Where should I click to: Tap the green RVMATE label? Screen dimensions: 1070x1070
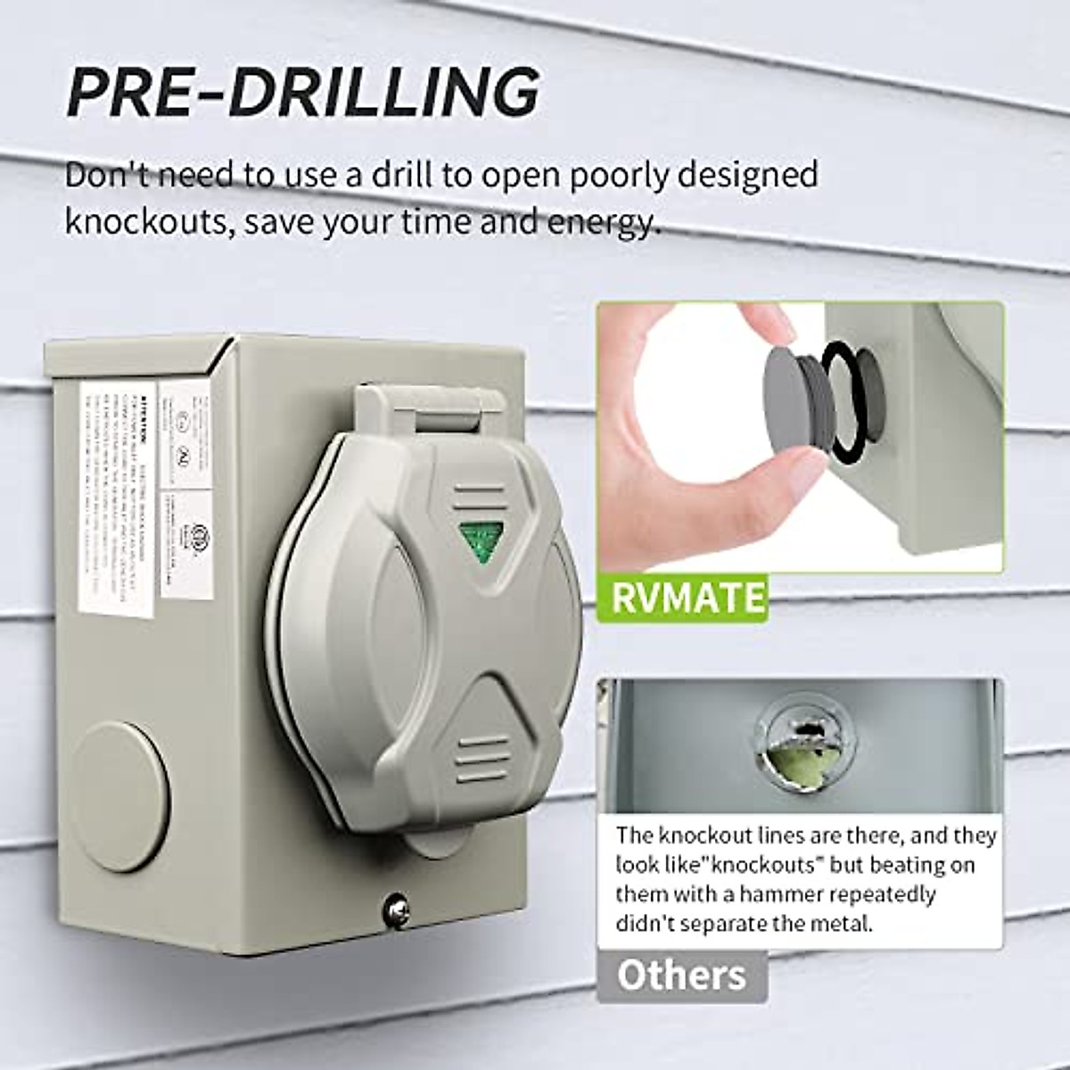coord(687,597)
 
